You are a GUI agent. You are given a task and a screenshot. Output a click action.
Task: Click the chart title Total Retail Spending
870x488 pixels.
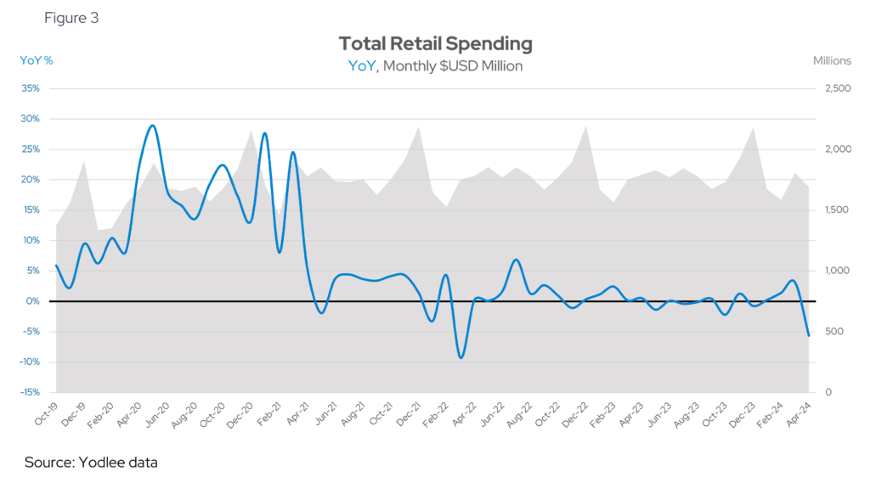point(435,43)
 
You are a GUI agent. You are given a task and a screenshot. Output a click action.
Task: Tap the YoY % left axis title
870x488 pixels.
point(37,60)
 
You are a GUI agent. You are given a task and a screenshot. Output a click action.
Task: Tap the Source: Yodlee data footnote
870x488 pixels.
point(92,463)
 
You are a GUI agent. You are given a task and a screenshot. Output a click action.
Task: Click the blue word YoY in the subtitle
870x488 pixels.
point(361,65)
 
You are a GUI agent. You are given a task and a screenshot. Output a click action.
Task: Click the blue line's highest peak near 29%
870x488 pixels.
point(152,126)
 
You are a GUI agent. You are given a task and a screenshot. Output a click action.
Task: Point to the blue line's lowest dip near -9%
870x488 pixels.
point(460,357)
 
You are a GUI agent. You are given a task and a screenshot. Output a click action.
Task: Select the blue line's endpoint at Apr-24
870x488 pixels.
point(808,335)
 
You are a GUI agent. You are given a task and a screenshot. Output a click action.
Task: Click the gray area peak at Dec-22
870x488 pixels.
point(585,126)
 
